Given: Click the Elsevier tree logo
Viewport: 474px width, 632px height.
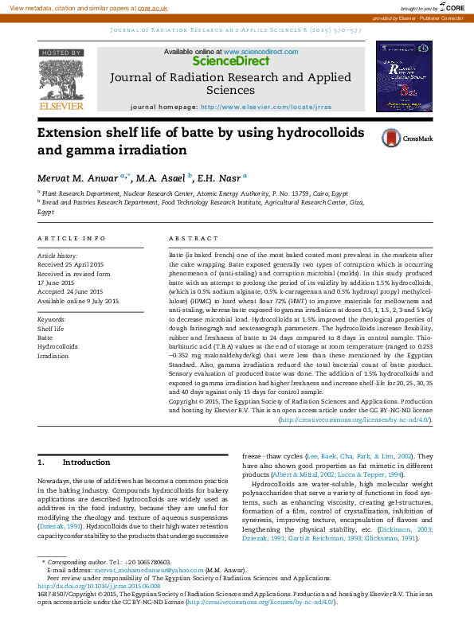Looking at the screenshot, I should coord(61,79).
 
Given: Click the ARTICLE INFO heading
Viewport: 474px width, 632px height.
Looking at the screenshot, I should coord(72,239).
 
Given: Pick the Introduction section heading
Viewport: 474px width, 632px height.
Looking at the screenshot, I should coord(86,462).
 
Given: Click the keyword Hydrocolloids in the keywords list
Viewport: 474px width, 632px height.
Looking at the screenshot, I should coord(57,346).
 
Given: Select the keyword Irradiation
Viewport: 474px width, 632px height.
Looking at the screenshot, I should coord(53,356).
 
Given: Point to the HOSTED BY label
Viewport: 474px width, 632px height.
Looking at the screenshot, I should coord(61,53).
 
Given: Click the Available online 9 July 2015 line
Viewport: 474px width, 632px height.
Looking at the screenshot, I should coord(78,301).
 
